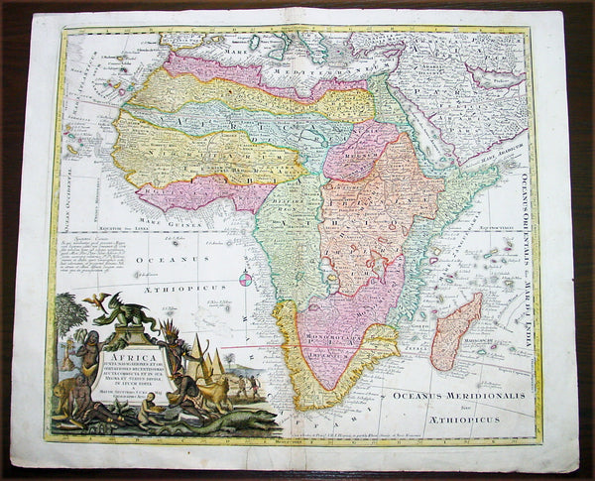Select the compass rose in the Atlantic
[244, 280]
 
